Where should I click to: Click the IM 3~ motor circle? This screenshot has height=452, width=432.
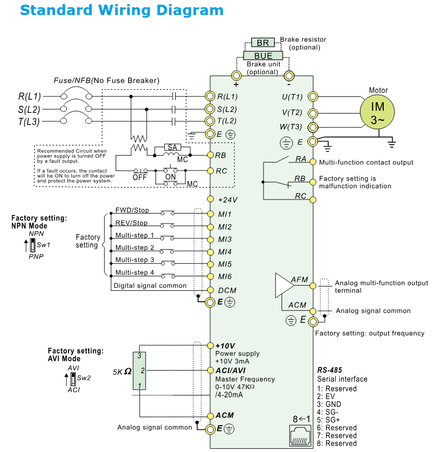point(378,112)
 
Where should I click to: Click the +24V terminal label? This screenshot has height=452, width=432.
point(228,200)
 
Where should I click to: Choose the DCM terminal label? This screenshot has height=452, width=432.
point(227,291)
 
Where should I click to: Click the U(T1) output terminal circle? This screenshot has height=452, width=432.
point(313,96)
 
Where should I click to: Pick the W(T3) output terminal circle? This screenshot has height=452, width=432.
point(313,127)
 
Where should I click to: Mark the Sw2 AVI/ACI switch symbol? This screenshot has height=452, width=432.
point(73,378)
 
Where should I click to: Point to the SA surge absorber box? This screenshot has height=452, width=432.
point(171,148)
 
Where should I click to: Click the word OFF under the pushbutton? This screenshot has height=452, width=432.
point(140,176)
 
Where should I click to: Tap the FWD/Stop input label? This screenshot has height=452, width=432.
point(132,210)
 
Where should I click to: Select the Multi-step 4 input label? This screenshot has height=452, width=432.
point(134,272)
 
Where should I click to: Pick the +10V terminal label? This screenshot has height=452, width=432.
point(226,346)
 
